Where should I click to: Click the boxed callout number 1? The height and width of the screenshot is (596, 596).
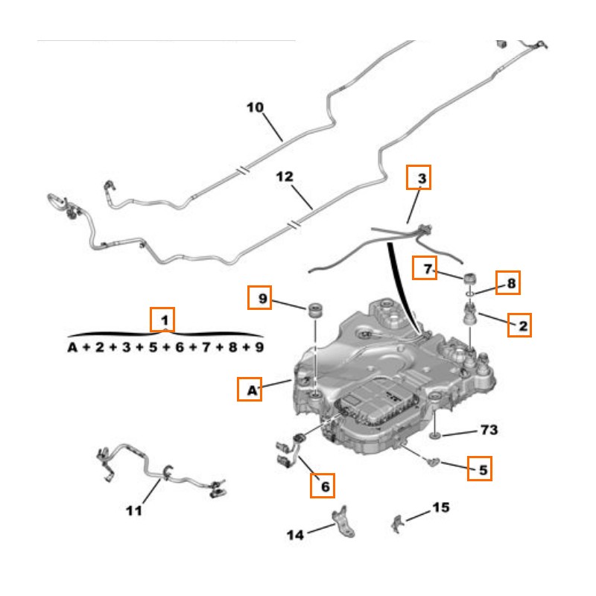(163, 320)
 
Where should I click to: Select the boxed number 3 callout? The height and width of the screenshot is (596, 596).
(419, 179)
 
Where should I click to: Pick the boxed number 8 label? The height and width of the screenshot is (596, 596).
(510, 282)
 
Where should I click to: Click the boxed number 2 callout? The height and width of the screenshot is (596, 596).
(521, 325)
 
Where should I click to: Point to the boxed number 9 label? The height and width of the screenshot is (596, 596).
(261, 299)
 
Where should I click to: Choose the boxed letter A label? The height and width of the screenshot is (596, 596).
(250, 389)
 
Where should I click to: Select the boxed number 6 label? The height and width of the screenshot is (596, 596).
(323, 486)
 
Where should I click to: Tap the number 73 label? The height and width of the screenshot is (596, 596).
(488, 431)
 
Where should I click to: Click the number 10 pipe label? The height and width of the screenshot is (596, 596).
(256, 108)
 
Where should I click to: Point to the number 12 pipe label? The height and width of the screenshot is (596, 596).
(285, 177)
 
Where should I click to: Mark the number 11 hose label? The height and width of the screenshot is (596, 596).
(133, 510)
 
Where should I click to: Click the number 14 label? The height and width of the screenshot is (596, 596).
(296, 533)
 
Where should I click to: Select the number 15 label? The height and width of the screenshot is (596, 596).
(440, 508)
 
